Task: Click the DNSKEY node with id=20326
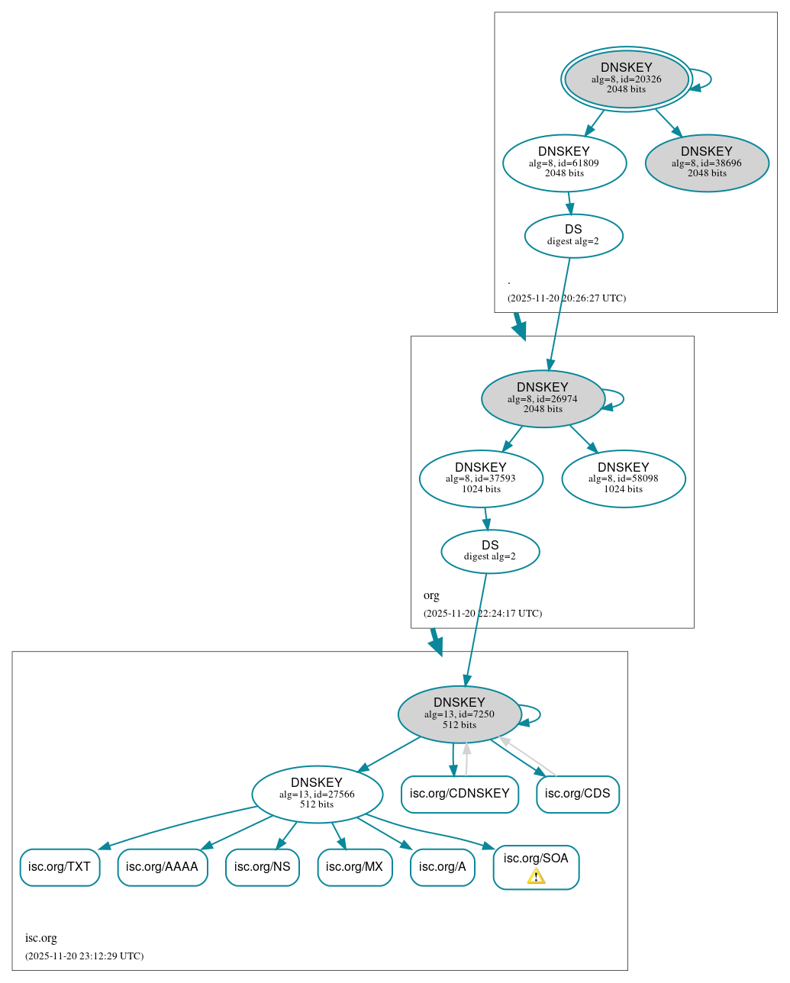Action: point(626,79)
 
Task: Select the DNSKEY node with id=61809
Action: point(564,163)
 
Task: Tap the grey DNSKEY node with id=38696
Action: point(706,163)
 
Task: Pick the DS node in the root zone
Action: point(573,235)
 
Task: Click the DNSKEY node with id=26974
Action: point(543,398)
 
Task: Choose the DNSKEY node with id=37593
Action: point(481,479)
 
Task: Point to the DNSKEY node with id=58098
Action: point(623,479)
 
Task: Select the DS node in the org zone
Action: point(490,551)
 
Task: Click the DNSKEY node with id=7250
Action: point(459,714)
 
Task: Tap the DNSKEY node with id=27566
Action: point(317,794)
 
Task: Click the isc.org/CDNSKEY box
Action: point(459,794)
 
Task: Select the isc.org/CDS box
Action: point(578,794)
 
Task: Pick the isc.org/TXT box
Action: point(60,867)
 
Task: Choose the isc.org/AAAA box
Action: point(162,867)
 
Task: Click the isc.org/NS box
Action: point(262,867)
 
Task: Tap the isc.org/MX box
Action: point(354,867)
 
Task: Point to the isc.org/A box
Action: point(443,867)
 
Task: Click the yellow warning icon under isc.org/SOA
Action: point(536,877)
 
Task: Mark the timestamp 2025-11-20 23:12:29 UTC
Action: point(84,956)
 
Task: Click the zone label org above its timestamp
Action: point(431,595)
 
